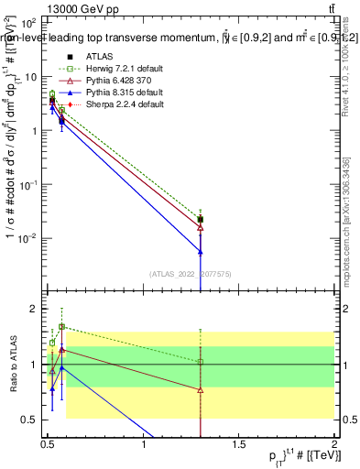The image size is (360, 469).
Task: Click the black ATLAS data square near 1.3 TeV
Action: click(x=201, y=220)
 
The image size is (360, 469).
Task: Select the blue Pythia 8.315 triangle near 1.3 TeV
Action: click(x=201, y=251)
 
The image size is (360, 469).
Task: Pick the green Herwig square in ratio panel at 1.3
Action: click(x=201, y=362)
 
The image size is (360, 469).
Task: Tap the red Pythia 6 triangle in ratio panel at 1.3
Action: click(x=201, y=389)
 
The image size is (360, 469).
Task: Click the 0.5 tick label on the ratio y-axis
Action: click(x=31, y=420)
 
